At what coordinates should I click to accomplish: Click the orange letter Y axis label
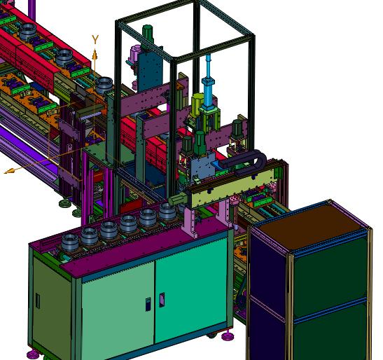point(95,39)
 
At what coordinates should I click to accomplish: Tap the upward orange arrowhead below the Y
point(95,55)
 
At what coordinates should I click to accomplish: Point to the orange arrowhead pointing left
point(9,171)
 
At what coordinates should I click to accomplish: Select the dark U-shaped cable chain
point(244,160)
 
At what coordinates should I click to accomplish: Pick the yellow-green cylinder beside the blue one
point(196,104)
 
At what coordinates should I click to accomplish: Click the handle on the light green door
point(148,304)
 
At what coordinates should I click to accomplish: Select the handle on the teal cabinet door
point(162,300)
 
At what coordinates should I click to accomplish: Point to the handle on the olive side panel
point(38,300)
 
